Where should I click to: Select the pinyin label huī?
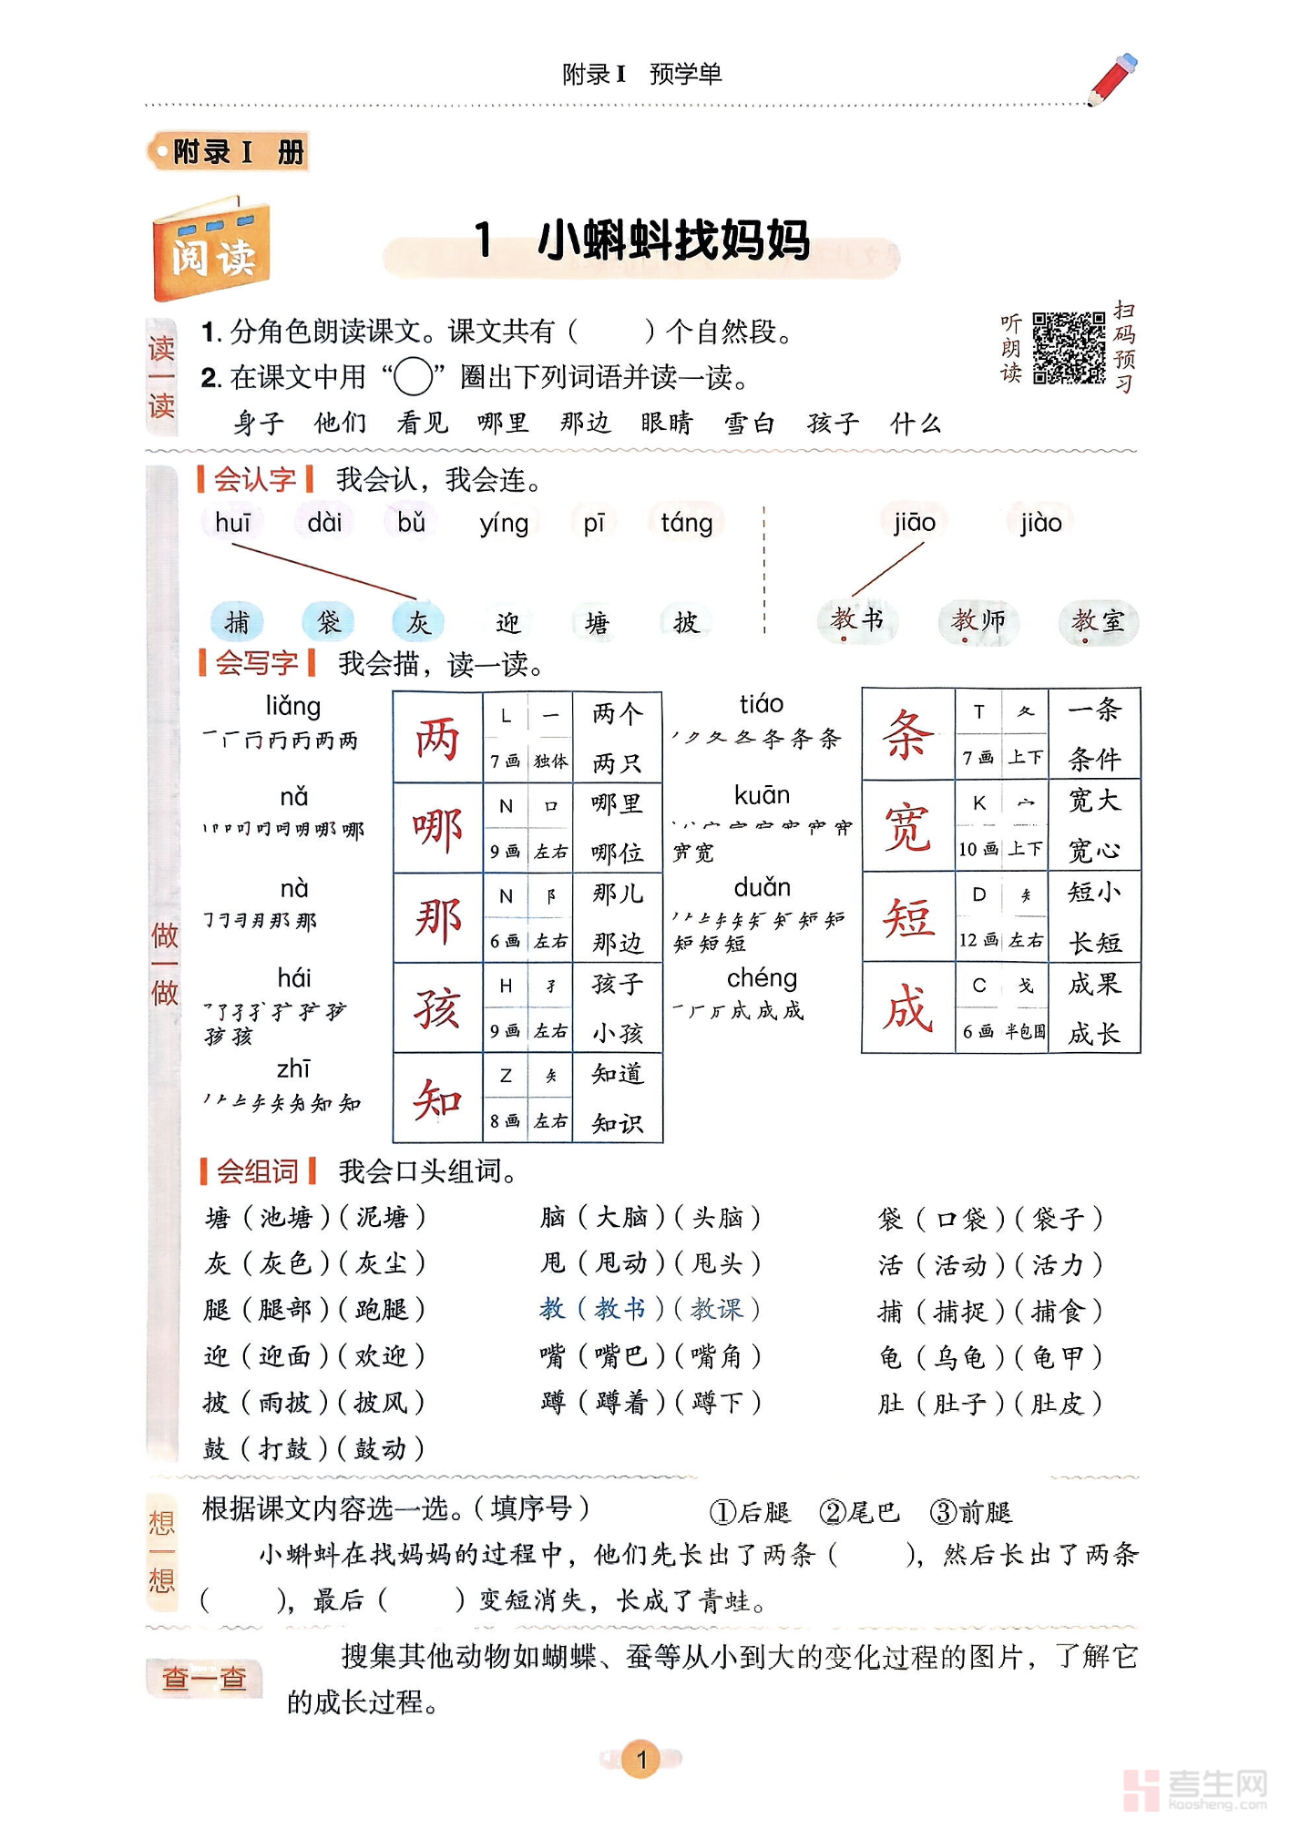(x=232, y=523)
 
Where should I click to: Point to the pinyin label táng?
(x=686, y=523)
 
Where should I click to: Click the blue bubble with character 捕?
(x=237, y=622)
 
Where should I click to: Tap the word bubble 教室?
(x=1098, y=622)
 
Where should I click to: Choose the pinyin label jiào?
(x=1040, y=523)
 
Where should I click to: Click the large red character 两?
(x=437, y=739)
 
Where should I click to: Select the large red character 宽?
(x=907, y=827)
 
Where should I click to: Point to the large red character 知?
(x=437, y=1098)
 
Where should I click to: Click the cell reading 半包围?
(x=1025, y=1032)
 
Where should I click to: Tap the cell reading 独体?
(x=550, y=761)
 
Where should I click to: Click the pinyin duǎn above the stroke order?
(x=762, y=887)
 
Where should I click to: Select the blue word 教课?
(x=716, y=1310)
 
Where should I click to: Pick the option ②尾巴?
(x=859, y=1513)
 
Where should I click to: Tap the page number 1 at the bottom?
(x=641, y=1759)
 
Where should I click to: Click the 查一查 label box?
(x=204, y=1678)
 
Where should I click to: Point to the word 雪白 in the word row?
(x=749, y=424)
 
